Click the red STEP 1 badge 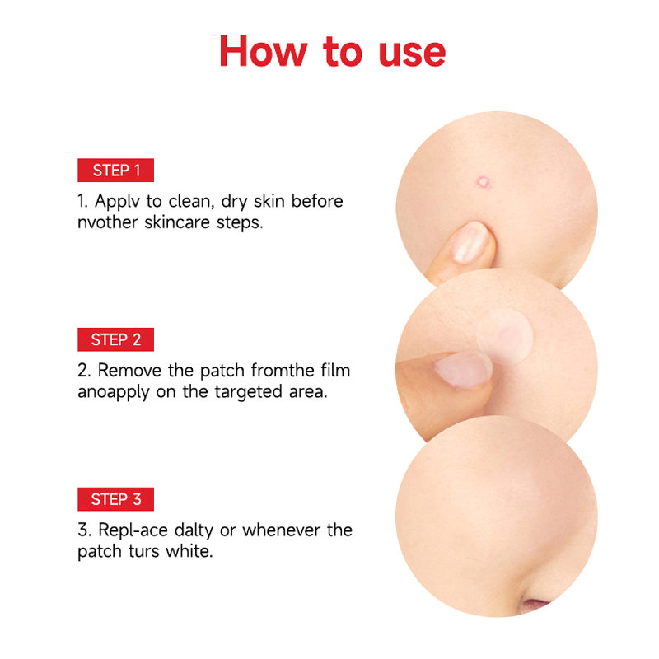point(115,171)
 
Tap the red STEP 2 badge point(115,339)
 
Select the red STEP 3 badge point(115,499)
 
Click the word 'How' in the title point(264,51)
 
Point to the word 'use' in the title point(412,54)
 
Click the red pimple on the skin point(484,182)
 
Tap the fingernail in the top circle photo point(470,242)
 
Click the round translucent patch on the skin point(505,336)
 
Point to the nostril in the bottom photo point(534,605)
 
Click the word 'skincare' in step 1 point(177,222)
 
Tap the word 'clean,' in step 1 point(192,201)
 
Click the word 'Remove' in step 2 point(129,370)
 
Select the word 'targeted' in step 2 point(249,392)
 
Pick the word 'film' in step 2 point(335,370)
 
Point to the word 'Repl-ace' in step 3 point(133,530)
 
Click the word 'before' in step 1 point(317,201)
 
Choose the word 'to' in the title point(343,52)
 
